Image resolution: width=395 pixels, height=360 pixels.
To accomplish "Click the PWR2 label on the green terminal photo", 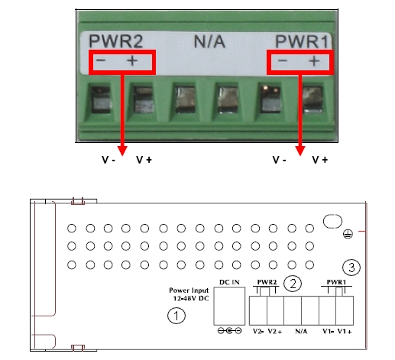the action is click(x=115, y=41).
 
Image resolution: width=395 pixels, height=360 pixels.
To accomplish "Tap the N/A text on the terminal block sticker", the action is click(x=209, y=41).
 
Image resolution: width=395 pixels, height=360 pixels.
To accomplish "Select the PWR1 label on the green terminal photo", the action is click(x=302, y=41).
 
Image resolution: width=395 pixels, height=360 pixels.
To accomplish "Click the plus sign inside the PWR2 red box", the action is click(x=132, y=61).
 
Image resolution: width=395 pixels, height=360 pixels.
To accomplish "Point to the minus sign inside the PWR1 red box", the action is click(x=283, y=60).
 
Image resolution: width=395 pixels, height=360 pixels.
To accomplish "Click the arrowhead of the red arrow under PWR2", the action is click(x=122, y=151).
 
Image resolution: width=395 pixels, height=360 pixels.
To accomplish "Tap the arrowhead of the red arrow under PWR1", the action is click(x=300, y=151).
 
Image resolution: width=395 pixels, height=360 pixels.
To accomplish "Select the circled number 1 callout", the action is click(x=176, y=316).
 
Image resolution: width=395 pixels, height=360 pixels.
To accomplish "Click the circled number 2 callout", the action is click(x=293, y=284).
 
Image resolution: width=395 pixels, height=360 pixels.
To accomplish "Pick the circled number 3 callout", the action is click(x=351, y=268).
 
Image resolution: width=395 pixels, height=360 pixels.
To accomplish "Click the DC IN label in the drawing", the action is click(x=229, y=282).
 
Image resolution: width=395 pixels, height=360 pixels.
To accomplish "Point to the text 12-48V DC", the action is click(x=191, y=298).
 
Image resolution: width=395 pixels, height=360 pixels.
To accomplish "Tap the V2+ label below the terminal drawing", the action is click(x=275, y=331).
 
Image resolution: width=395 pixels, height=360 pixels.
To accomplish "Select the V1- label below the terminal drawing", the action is click(x=328, y=331).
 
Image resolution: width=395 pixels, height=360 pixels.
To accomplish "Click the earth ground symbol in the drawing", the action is click(x=348, y=234).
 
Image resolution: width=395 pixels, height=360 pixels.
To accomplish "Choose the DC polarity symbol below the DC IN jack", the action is click(x=229, y=331).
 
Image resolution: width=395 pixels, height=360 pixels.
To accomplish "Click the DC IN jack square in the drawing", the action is click(x=229, y=306).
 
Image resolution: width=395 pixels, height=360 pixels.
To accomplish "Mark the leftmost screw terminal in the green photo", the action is click(x=102, y=99).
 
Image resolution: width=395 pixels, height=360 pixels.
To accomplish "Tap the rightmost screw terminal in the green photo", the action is click(x=313, y=99).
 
